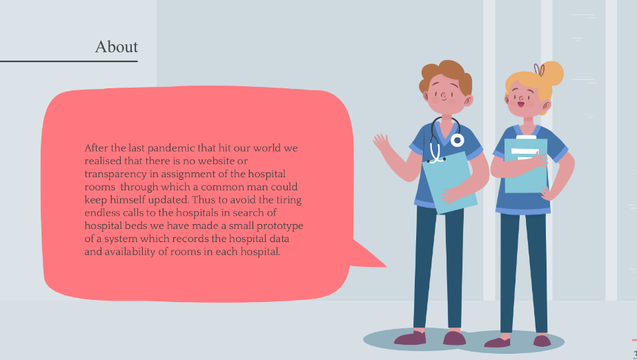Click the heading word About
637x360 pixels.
point(116,47)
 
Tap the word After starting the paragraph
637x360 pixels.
point(96,148)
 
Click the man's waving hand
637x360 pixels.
point(381,143)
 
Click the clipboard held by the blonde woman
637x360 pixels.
point(525,166)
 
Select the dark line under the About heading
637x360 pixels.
point(69,61)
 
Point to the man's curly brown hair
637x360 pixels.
point(446,74)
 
